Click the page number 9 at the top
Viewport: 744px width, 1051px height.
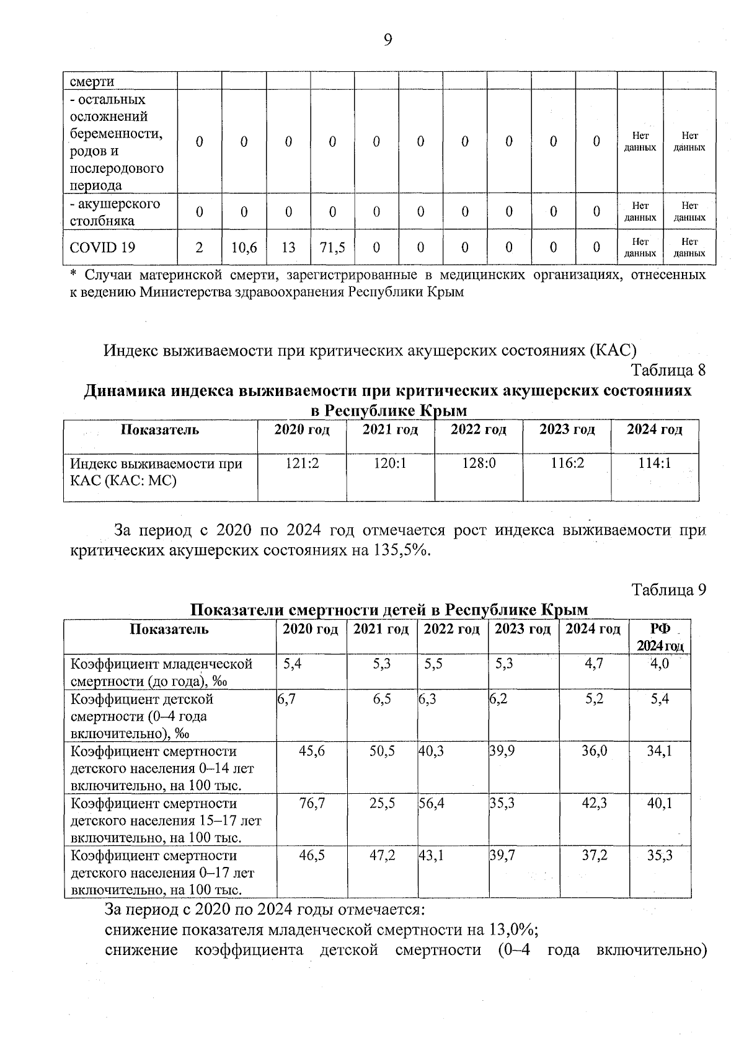pos(388,40)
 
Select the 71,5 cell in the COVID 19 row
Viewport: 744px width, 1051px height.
pos(332,248)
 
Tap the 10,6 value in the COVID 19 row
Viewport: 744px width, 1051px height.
pos(244,248)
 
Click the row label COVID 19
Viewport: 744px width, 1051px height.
pos(102,248)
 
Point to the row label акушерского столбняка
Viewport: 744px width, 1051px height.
pos(115,213)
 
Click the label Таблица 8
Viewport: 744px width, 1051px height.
pos(668,371)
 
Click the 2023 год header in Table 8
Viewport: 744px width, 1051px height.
pos(567,429)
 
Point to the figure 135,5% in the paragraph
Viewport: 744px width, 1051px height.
pos(401,550)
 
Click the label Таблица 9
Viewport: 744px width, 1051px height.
pos(668,589)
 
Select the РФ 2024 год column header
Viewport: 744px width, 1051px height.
pos(660,637)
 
